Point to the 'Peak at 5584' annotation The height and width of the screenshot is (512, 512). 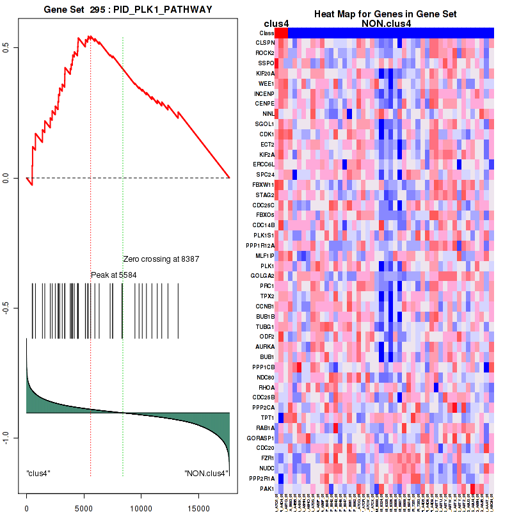(113, 275)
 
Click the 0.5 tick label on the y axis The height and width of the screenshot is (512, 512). (6, 47)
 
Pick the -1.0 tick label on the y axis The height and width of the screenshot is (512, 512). (6, 438)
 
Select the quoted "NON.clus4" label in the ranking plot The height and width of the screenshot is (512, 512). (206, 474)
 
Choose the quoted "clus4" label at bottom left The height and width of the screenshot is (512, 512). (38, 474)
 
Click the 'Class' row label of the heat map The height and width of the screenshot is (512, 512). (267, 33)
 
